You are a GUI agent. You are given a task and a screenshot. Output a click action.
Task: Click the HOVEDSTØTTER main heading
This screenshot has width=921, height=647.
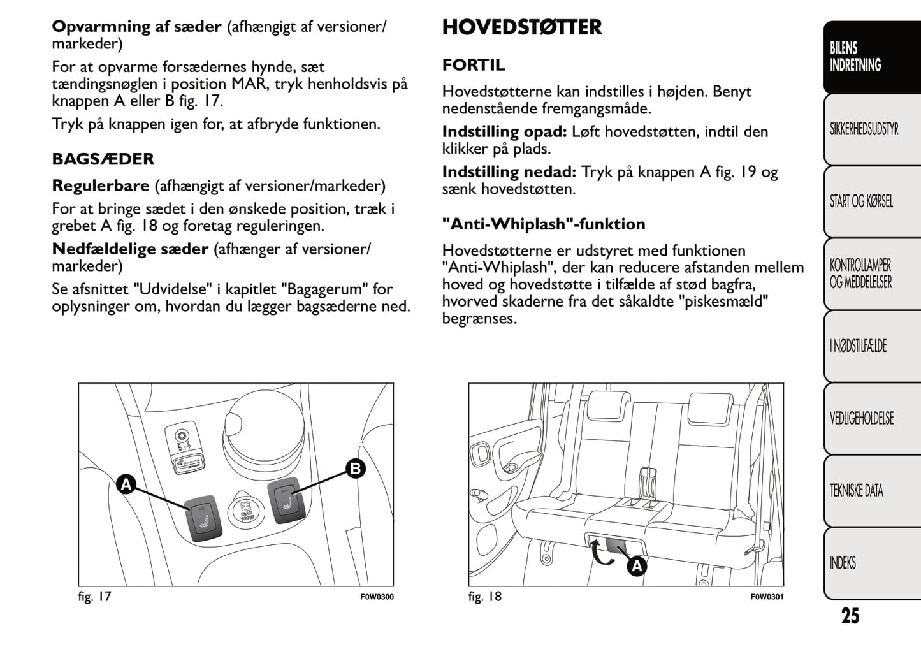click(x=521, y=27)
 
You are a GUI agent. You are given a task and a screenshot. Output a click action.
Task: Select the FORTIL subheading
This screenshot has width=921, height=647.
click(x=474, y=65)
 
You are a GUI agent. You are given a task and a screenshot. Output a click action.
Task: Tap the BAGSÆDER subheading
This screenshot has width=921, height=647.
click(x=103, y=159)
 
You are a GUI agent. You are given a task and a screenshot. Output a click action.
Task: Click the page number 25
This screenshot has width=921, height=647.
click(x=850, y=616)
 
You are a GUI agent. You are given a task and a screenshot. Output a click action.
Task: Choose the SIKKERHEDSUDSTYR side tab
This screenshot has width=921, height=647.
click(x=864, y=129)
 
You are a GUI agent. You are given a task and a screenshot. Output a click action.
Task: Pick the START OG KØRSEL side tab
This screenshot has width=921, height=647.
click(x=861, y=201)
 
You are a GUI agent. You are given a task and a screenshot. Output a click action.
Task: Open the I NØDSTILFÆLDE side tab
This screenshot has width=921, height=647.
click(x=858, y=346)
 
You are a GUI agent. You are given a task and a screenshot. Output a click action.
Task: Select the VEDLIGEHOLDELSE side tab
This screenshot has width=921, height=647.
click(x=861, y=418)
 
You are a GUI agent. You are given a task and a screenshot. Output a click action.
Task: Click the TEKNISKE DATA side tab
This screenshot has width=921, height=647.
click(x=856, y=490)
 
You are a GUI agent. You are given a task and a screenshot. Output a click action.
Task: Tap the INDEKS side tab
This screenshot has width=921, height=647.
click(x=843, y=562)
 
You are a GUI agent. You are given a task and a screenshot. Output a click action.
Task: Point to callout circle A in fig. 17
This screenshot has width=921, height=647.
click(x=126, y=484)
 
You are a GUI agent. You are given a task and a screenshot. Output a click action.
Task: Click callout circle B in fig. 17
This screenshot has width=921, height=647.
click(x=355, y=469)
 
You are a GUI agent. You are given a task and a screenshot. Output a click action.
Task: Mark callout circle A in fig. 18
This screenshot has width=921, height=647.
click(x=636, y=566)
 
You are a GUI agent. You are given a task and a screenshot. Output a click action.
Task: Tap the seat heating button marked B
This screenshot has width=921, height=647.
click(x=284, y=499)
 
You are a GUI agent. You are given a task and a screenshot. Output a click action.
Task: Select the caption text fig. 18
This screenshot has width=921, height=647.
click(x=484, y=597)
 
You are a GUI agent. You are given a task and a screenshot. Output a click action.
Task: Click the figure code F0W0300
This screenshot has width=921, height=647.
click(x=377, y=597)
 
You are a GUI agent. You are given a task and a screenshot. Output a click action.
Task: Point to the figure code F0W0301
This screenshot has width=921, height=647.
click(x=767, y=597)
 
